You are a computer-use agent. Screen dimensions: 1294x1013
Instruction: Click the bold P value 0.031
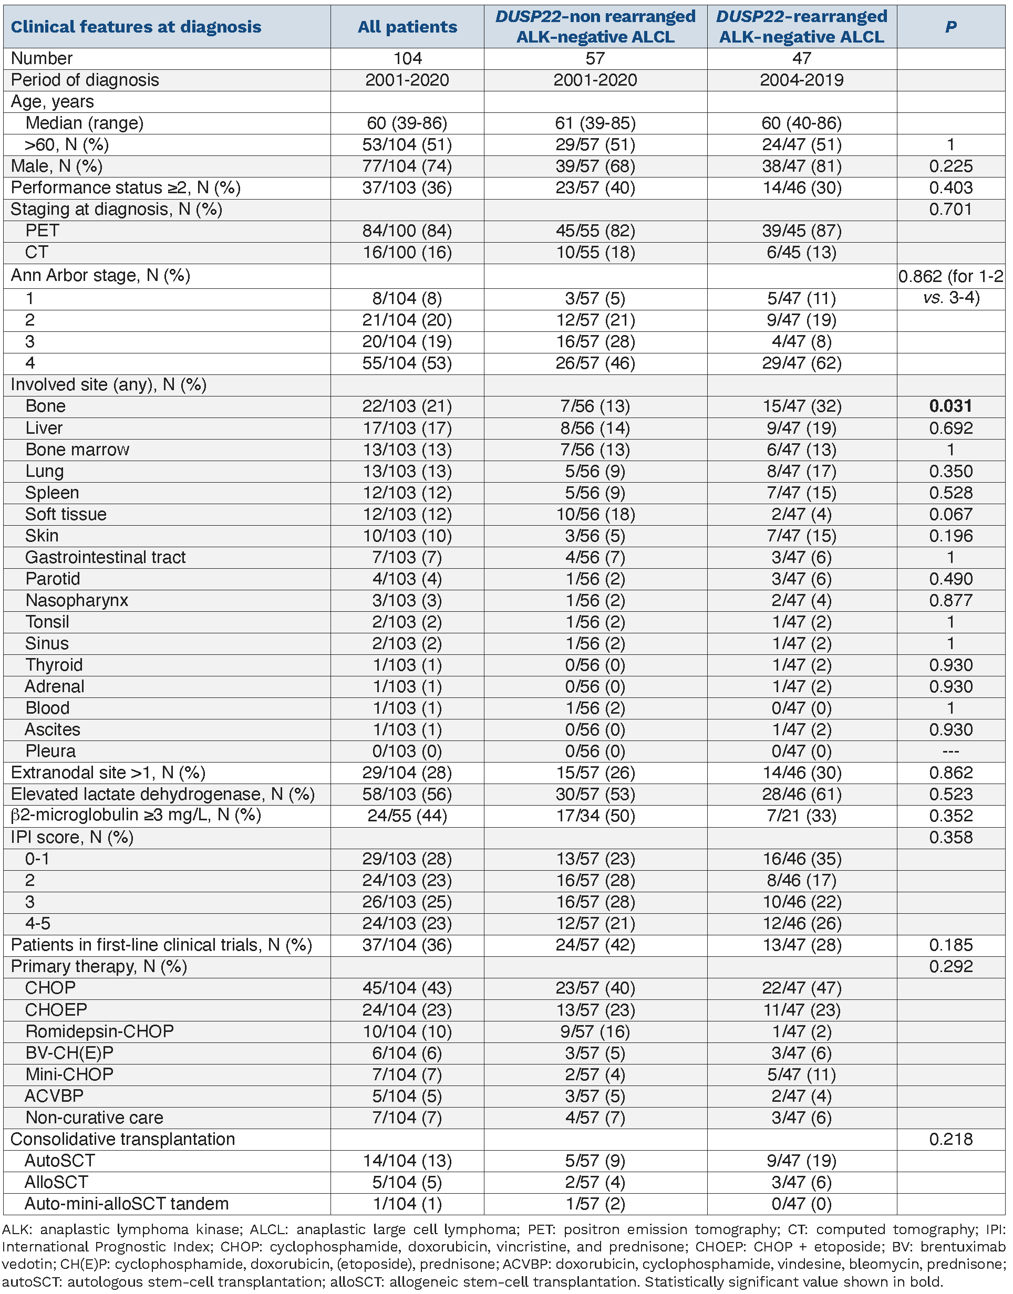coord(950,406)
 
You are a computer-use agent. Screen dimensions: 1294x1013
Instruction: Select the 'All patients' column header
coord(407,27)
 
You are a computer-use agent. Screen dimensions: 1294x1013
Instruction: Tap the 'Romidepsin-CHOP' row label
coord(100,1031)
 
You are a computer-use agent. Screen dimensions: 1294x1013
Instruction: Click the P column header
coord(950,27)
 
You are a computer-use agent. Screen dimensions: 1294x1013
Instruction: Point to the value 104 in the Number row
coord(407,58)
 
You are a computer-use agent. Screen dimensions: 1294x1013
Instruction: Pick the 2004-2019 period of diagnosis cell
coord(801,80)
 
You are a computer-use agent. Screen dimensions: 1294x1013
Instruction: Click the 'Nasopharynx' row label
coord(77,600)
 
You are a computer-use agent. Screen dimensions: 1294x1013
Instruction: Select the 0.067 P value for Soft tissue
coord(950,514)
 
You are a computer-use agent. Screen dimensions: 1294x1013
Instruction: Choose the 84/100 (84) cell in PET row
coord(407,231)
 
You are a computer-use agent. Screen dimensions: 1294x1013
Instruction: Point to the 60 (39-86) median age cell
coord(407,123)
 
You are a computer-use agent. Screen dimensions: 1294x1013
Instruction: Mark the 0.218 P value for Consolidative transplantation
coord(950,1139)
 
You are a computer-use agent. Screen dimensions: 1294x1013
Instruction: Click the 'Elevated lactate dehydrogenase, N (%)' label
coord(162,794)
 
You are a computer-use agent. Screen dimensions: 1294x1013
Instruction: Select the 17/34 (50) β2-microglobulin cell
coord(595,816)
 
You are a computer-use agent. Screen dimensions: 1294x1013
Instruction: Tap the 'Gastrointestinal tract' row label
coord(106,557)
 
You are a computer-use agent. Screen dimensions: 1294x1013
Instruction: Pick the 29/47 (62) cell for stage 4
coord(801,363)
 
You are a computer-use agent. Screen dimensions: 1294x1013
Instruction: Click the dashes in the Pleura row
coord(950,752)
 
